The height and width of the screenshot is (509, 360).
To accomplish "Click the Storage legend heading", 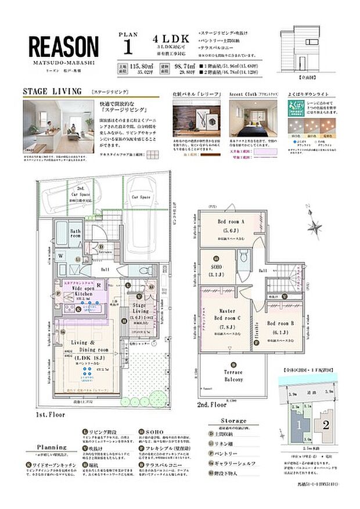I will pyautogui.click(x=233, y=420).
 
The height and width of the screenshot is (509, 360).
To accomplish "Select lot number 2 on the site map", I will pyautogui.click(x=325, y=425).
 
